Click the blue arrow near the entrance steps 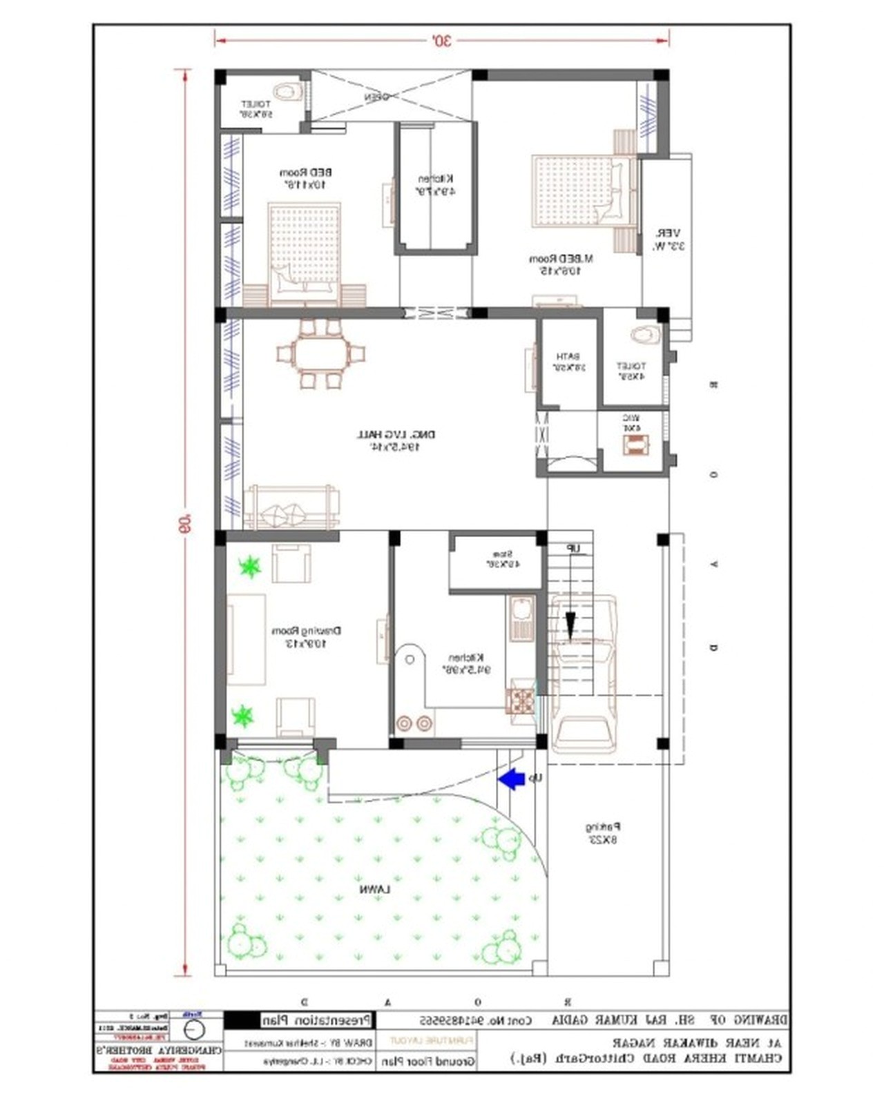tap(511, 779)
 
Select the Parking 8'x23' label tap(603, 833)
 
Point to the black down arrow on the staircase tap(570, 625)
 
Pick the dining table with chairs tap(320, 353)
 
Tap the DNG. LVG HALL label tap(396, 440)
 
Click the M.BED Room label tap(561, 264)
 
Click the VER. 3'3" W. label tap(667, 240)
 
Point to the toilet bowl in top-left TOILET tap(288, 90)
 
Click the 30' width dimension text tap(441, 40)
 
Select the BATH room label tap(568, 362)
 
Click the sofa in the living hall tap(291, 508)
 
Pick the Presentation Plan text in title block tap(317, 1019)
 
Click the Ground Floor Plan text tap(428, 1062)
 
